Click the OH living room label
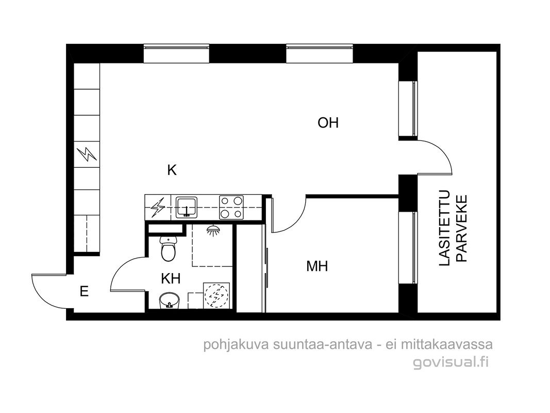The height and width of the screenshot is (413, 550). pos(328,123)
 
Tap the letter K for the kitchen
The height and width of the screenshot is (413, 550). pos(172,170)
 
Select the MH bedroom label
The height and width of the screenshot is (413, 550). pos(317,266)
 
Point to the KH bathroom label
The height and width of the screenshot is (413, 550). pos(171,279)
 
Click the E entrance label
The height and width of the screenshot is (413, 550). pos(84,292)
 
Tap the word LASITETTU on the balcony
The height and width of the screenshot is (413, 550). pos(444,228)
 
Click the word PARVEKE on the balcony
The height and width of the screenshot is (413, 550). pos(462,229)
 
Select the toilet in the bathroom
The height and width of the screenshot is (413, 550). pos(169,248)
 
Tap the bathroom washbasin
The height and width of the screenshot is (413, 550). pos(170,301)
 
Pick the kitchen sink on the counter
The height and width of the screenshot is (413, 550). pos(187,207)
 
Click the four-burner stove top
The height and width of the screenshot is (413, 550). pos(231,207)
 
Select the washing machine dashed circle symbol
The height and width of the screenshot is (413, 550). pos(216,295)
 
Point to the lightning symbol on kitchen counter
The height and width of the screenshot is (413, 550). pos(158,208)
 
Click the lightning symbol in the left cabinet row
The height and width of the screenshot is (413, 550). pos(87,154)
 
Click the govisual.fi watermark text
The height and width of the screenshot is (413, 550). pos(451,362)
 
